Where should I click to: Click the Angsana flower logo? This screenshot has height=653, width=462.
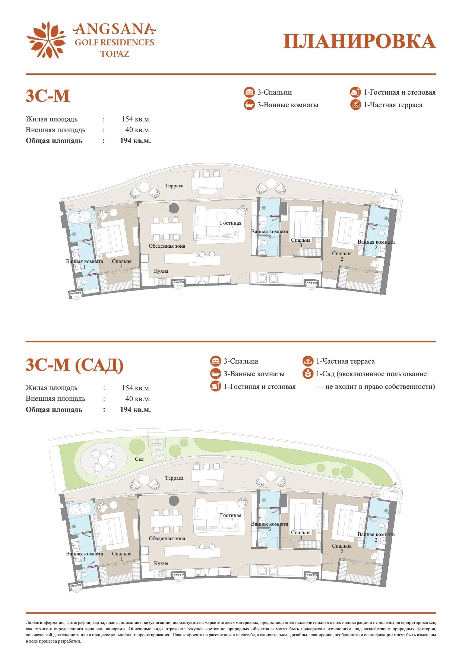tap(46, 40)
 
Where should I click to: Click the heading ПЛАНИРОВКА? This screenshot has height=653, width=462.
tap(360, 41)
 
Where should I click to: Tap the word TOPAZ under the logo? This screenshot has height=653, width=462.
tap(115, 54)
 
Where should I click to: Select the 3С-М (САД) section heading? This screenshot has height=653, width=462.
tap(75, 365)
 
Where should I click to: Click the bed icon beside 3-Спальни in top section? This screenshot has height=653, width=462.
tap(249, 92)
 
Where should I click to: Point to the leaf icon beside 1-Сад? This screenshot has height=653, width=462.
tap(308, 374)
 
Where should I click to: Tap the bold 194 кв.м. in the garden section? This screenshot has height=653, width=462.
tap(135, 410)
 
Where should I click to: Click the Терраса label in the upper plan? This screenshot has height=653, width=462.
tap(174, 186)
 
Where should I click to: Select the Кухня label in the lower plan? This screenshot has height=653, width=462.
tap(161, 563)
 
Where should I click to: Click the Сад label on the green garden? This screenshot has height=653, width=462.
tap(139, 459)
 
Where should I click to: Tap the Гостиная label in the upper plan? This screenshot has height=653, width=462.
tap(231, 223)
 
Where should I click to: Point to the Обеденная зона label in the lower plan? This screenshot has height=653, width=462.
tap(167, 539)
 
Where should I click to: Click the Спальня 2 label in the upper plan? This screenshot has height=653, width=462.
tap(342, 256)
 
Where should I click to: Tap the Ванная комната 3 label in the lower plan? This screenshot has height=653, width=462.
tap(270, 526)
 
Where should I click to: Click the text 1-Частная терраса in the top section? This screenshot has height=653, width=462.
tap(393, 105)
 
